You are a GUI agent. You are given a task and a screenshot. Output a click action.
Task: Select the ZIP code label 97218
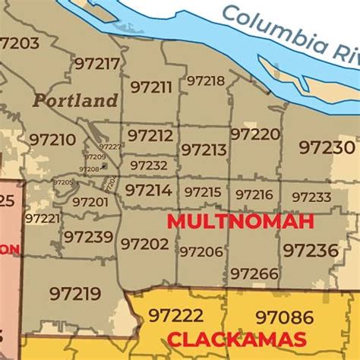pos(206,81)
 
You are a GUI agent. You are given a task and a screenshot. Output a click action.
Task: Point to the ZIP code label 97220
pos(255,134)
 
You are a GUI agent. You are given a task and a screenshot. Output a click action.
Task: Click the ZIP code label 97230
pos(327,147)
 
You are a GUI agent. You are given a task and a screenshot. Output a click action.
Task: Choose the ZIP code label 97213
pos(204,150)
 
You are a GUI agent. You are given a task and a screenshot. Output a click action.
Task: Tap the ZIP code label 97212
pos(150,135)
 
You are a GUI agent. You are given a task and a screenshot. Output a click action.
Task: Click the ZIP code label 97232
pos(149,165)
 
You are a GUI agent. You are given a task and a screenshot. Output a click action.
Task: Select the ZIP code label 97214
pos(147,189)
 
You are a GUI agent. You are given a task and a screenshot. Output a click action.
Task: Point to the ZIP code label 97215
pos(203,192)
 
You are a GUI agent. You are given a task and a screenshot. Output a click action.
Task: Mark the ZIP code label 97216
pos(254,194)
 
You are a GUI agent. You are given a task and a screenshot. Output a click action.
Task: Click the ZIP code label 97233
pos(311,197)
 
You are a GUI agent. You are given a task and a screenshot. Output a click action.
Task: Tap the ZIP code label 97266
pos(254,273)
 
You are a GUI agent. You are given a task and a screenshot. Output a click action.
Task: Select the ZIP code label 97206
pos(201,251)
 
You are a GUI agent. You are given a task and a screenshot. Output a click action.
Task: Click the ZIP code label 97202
pos(144,243)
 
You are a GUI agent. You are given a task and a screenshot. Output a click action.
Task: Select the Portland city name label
pos(75,100)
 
